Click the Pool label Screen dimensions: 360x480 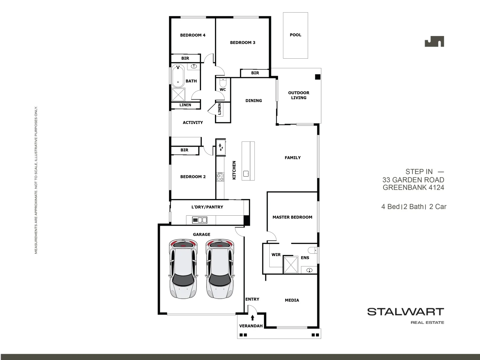coord(295,35)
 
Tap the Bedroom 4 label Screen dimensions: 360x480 coord(193,35)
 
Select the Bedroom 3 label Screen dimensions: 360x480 coord(243,43)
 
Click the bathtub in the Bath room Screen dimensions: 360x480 coord(178,76)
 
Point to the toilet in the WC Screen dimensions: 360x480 coord(223,82)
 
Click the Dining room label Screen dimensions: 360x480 coord(254,101)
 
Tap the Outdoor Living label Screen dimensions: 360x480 coord(299,95)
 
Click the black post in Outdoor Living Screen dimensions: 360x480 coord(317,77)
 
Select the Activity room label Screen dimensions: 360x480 coord(193,123)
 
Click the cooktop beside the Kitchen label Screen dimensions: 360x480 coord(220,177)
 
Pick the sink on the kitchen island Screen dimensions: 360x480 coord(246,174)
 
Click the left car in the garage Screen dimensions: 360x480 coord(183,269)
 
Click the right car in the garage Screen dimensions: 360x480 coord(220,269)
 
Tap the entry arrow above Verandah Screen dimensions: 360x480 coord(252,318)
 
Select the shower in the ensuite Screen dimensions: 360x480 coord(290,265)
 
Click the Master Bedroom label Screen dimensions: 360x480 coord(292,217)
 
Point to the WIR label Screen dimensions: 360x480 coord(276,255)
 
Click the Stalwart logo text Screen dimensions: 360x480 coord(405,312)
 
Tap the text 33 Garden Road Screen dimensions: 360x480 coord(413,180)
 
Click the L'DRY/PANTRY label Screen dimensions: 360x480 coord(207,207)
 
